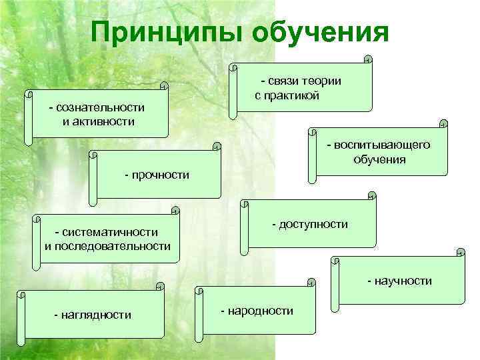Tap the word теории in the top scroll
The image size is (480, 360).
321,81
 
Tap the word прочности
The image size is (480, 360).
161,175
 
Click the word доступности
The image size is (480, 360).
313,224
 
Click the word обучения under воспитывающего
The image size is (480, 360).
380,159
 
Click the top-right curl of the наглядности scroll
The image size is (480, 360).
159,287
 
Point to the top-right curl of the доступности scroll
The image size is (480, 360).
372,196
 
